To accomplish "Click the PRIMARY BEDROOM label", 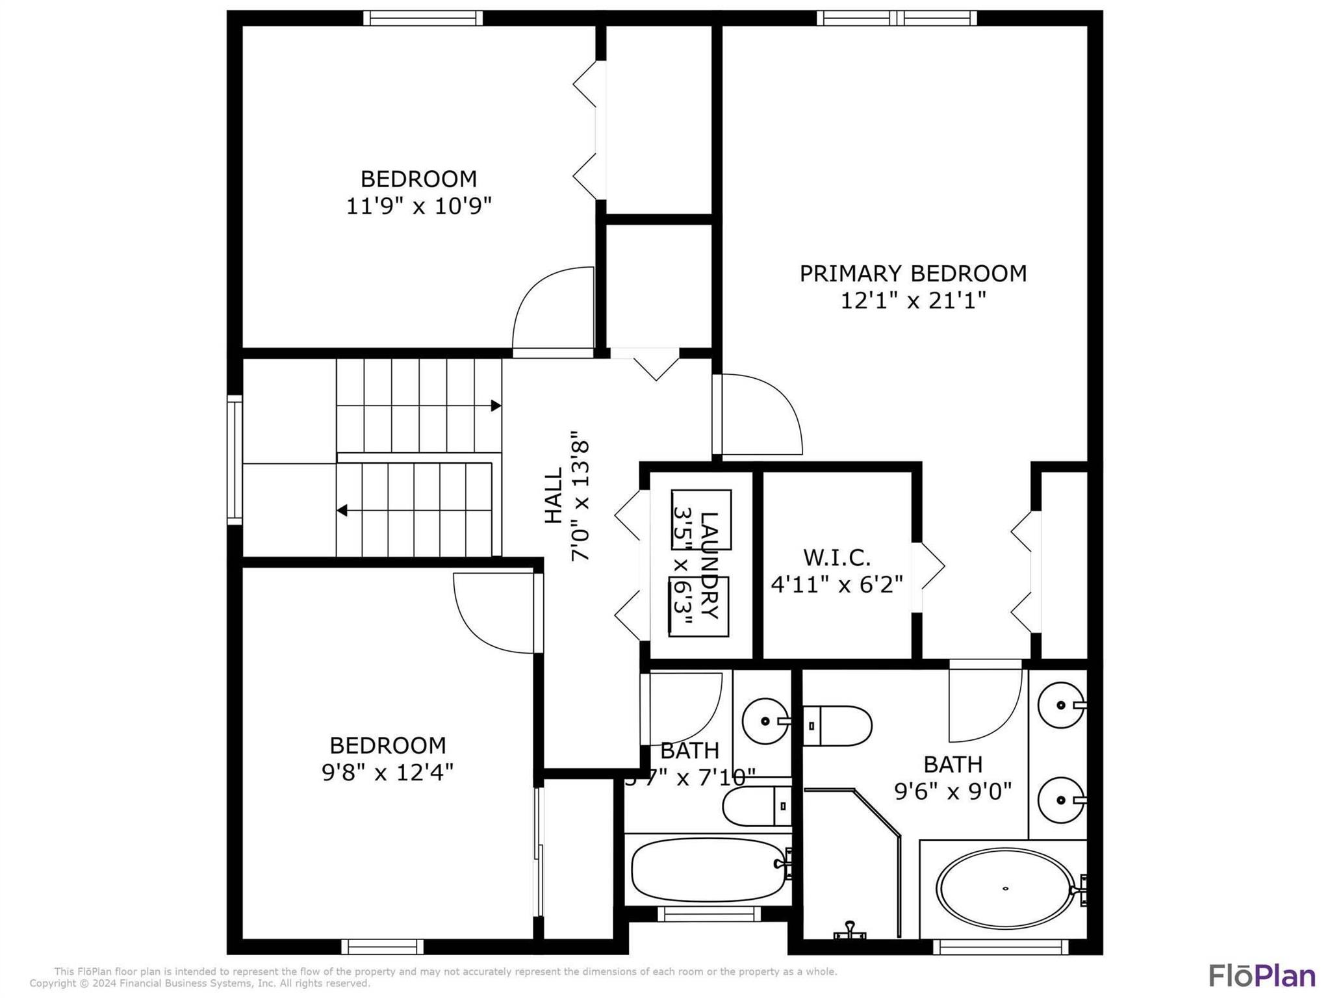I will (x=912, y=274).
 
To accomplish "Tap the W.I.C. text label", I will (x=837, y=557).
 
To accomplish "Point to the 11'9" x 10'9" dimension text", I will (x=418, y=207).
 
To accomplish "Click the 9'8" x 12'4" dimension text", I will (x=387, y=773).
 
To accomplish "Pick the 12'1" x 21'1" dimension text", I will (x=913, y=301).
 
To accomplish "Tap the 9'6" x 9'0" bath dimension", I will (x=953, y=791).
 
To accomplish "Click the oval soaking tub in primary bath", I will (x=1004, y=888).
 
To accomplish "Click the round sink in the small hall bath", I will (x=765, y=721).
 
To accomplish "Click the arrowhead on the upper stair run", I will (x=496, y=406).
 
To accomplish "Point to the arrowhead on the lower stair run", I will (x=342, y=511).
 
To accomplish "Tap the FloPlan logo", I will (x=1261, y=976).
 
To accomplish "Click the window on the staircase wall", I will (x=235, y=459).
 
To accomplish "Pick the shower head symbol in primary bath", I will (x=850, y=931).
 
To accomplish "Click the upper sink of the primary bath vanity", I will (x=1060, y=705).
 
